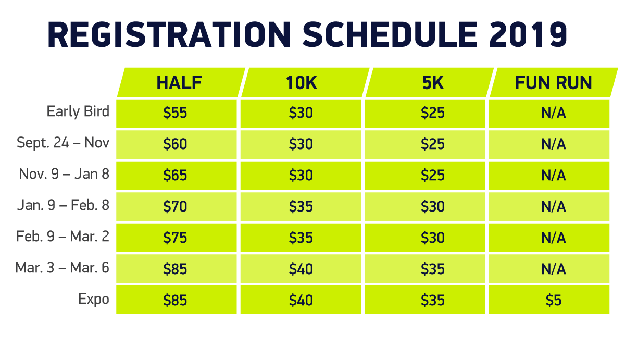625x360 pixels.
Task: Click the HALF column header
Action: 179,83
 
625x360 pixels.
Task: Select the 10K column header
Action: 302,83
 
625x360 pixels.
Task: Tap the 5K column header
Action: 433,83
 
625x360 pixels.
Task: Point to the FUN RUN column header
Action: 553,83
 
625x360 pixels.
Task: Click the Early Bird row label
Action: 78,111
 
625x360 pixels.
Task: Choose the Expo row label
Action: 93,300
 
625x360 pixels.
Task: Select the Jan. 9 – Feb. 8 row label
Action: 63,205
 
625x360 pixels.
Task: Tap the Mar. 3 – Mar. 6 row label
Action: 62,268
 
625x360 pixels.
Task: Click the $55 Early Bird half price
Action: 175,113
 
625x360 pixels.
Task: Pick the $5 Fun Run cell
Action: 553,300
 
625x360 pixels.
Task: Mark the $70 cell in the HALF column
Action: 175,206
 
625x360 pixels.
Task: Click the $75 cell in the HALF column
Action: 175,238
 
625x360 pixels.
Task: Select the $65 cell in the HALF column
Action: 175,175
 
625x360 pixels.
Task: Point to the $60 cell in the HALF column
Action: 175,144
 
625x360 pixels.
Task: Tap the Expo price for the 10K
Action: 301,300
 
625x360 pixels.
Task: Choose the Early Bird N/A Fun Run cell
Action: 553,113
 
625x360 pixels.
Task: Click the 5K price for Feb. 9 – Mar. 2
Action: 433,238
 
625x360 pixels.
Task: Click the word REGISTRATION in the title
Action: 169,34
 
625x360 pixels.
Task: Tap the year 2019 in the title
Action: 528,34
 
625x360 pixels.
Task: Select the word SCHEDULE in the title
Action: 390,34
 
